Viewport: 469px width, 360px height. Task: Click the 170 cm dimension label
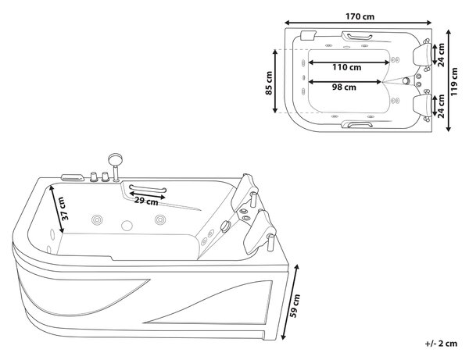(x=360, y=16)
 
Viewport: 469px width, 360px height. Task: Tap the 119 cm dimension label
(x=454, y=82)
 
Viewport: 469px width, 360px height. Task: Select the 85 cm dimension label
(x=269, y=83)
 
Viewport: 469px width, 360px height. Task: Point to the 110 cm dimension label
(x=346, y=67)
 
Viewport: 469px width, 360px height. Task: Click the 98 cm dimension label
(x=344, y=87)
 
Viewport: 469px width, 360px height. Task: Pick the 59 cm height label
(x=295, y=305)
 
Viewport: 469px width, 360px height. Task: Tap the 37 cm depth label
(x=64, y=209)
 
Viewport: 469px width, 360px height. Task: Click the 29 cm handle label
(x=146, y=201)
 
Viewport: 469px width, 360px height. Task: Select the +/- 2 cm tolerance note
(x=441, y=344)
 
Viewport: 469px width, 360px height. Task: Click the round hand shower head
(x=115, y=159)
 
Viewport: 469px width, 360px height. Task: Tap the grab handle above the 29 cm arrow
(x=148, y=189)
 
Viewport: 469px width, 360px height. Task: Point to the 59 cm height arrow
(x=290, y=302)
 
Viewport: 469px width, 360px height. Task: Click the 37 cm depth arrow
(x=56, y=209)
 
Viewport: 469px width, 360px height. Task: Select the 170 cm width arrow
(x=358, y=23)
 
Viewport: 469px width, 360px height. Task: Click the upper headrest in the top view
(x=422, y=55)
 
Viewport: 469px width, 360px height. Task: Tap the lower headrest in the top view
(x=422, y=105)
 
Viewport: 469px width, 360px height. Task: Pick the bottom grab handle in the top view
(x=357, y=124)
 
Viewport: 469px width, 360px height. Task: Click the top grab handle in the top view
(x=357, y=37)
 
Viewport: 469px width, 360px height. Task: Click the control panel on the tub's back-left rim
(x=73, y=178)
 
